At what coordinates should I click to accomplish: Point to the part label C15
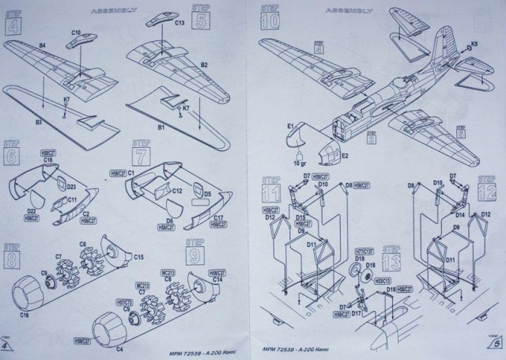pyautogui.click(x=138, y=257)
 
